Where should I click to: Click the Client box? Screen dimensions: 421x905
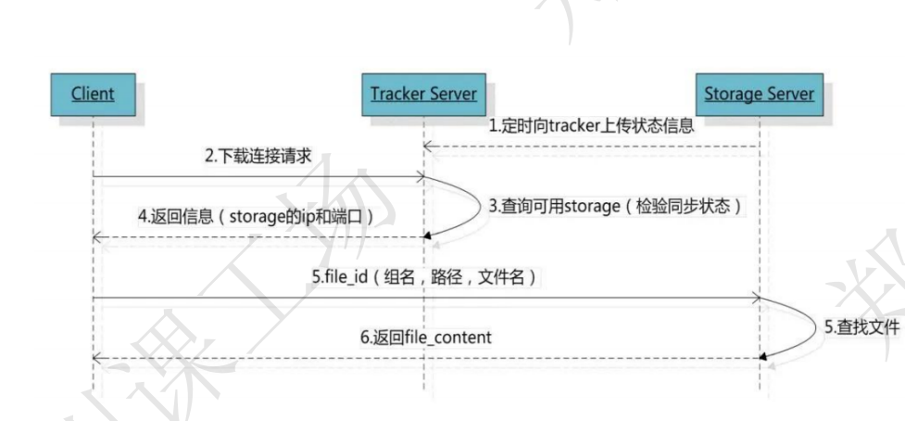94,94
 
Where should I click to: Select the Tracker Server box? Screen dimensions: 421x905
423,94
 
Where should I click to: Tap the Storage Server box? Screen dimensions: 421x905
759,94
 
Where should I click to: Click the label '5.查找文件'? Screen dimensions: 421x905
861,327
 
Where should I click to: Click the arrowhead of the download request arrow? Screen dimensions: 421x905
420,174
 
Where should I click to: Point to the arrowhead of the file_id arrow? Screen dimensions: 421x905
755,298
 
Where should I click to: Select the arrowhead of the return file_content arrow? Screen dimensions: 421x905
97,358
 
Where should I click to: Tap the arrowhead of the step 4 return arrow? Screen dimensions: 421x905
97,237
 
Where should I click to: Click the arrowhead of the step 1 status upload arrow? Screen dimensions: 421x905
428,146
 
